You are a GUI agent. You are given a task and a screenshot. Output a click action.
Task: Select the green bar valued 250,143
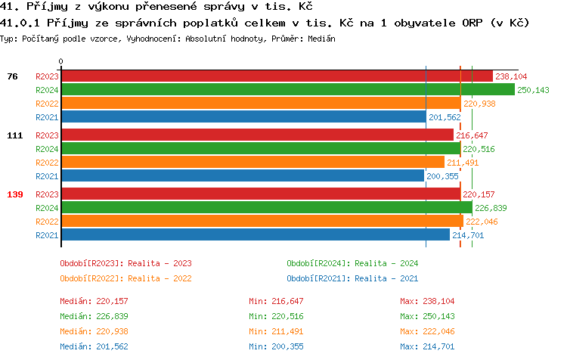tap(287, 89)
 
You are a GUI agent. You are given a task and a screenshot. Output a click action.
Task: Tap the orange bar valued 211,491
tap(253, 162)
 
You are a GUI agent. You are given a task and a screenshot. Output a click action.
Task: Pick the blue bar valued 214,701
tap(256, 234)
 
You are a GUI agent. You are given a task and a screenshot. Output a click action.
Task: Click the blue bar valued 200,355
tap(243, 175)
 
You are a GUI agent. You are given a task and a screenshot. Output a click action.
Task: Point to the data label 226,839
tap(491, 208)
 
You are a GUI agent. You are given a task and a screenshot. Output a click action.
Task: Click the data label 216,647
tap(472, 135)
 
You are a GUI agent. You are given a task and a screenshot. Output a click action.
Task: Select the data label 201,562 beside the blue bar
tap(445, 117)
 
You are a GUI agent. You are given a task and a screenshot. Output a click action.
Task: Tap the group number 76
tap(12, 76)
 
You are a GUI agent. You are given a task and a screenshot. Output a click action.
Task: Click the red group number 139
tap(15, 194)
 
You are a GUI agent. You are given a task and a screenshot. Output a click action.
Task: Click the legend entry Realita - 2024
tap(352, 263)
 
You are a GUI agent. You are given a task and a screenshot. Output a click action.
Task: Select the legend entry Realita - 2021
tap(352, 278)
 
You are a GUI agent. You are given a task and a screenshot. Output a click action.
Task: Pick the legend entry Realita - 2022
tap(125, 278)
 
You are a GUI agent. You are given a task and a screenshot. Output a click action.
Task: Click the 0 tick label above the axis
tap(61, 61)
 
